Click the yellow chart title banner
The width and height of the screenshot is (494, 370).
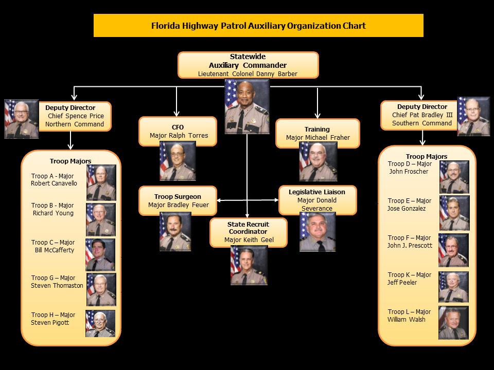258,26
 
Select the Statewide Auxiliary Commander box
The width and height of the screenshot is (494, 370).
248,65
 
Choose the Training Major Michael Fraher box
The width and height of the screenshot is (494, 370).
317,134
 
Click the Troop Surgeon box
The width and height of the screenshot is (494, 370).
178,201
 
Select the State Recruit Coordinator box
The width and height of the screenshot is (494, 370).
248,232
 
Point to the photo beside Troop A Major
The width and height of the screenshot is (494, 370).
101,182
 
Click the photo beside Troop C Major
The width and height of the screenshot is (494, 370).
100,254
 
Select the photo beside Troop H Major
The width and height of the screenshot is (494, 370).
100,324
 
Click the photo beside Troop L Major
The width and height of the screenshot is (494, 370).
453,323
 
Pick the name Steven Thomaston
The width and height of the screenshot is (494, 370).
57,286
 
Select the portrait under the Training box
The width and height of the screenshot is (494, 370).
318,161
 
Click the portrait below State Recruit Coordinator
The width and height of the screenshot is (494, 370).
249,265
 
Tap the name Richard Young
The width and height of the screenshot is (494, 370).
53,213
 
